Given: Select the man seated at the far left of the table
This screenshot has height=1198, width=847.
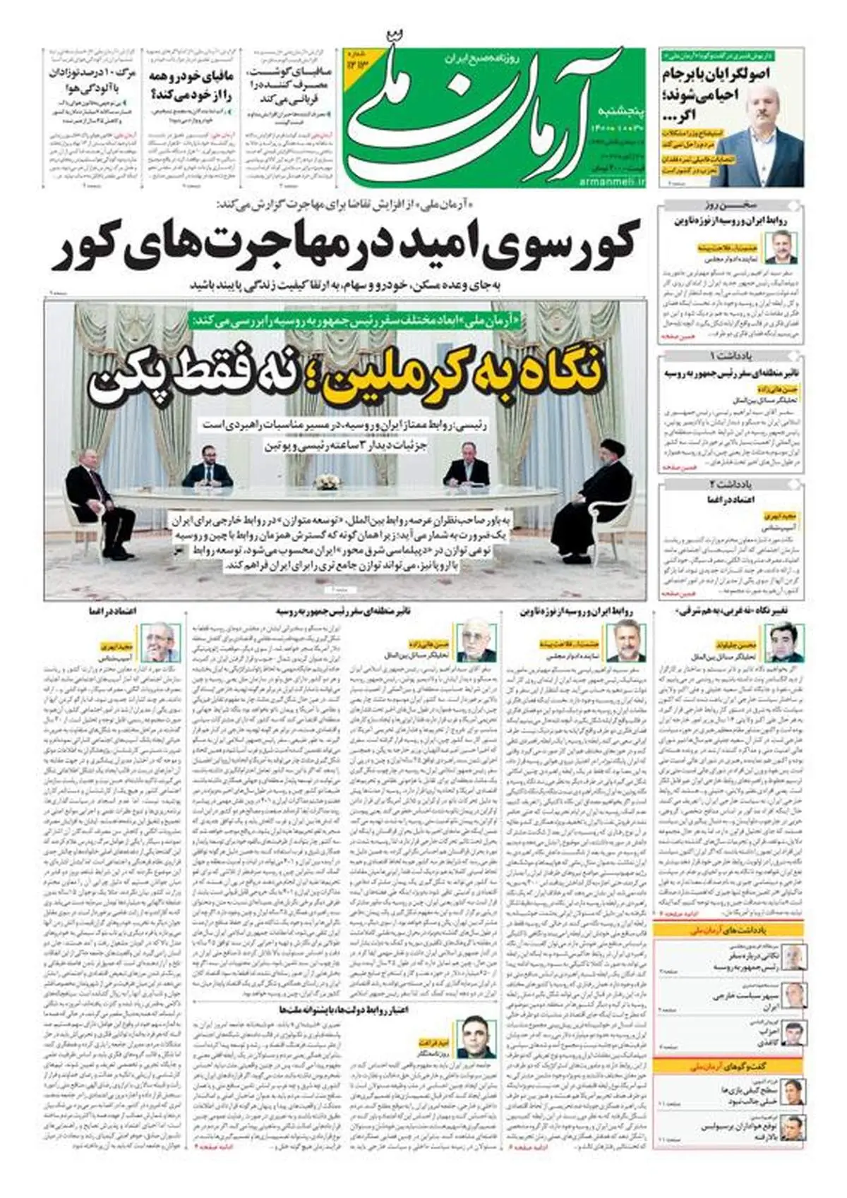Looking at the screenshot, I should coord(92,494).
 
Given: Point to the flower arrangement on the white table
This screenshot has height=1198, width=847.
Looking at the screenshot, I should coord(327,483).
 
